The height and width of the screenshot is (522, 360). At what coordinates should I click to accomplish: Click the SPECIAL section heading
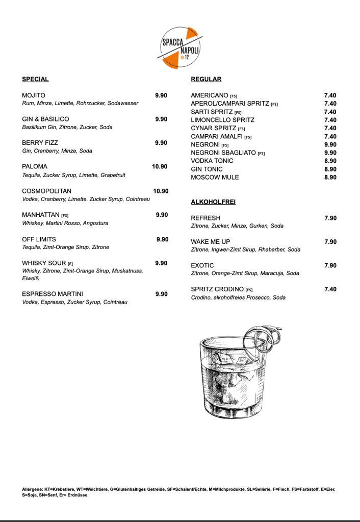(35, 79)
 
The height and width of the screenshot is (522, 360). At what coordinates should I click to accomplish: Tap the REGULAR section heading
(206, 79)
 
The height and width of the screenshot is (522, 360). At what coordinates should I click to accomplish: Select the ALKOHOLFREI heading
(213, 202)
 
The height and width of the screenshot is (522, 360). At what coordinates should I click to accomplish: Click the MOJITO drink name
(34, 95)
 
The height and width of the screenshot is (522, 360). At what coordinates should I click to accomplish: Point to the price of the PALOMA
(160, 167)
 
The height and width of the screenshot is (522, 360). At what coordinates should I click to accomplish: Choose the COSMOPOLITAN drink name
(47, 191)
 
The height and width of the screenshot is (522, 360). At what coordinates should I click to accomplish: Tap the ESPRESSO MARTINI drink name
(53, 294)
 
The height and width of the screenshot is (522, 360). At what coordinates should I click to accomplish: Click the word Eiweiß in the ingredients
(31, 279)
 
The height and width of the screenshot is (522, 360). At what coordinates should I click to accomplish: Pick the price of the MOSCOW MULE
(330, 177)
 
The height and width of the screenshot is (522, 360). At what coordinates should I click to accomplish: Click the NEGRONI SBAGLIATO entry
(223, 153)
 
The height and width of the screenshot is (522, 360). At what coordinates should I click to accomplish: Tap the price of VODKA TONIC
(330, 161)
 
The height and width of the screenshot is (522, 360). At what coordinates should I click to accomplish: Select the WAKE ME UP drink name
(211, 241)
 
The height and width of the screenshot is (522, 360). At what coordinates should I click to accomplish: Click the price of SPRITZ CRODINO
(330, 289)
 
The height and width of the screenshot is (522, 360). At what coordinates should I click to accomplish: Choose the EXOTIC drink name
(202, 265)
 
